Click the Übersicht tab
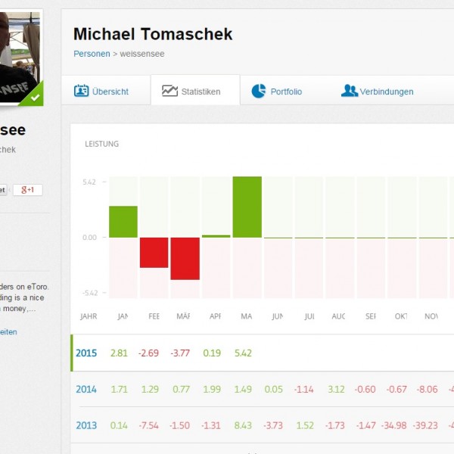[x=101, y=92]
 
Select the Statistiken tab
[x=192, y=92]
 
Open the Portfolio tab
[x=277, y=92]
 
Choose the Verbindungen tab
[x=378, y=92]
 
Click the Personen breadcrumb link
[x=92, y=54]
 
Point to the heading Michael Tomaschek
[x=153, y=34]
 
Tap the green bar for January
[x=123, y=222]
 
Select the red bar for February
[x=154, y=252]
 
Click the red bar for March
[x=185, y=258]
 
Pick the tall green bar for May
[x=247, y=207]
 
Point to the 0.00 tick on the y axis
[x=90, y=238]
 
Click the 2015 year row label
[x=86, y=353]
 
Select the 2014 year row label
[x=86, y=390]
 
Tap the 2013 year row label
[x=86, y=426]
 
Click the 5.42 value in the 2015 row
[x=243, y=353]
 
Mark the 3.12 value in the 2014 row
[x=336, y=390]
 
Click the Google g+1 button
[x=28, y=190]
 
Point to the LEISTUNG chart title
[x=102, y=144]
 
